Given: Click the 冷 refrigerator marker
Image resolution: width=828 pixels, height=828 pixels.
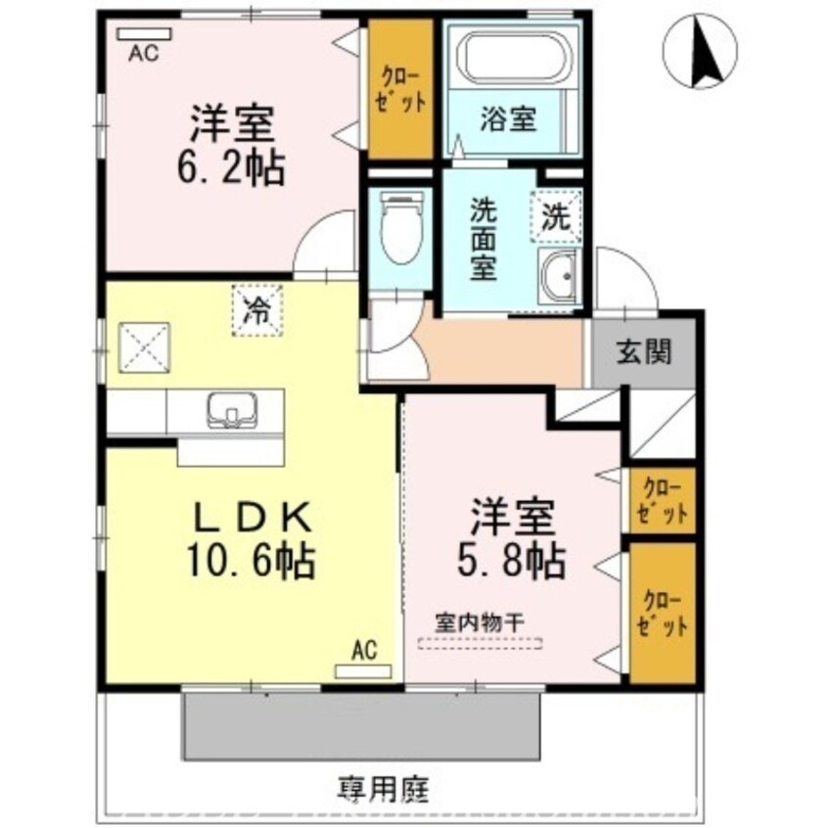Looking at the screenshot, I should (256, 311).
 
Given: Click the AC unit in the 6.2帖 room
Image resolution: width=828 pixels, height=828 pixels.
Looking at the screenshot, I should (144, 34).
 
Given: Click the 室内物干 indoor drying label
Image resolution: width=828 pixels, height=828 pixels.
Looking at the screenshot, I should (481, 622).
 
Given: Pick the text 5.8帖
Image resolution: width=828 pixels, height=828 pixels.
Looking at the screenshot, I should (510, 559).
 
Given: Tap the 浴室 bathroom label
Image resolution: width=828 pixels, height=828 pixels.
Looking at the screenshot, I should (507, 120).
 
